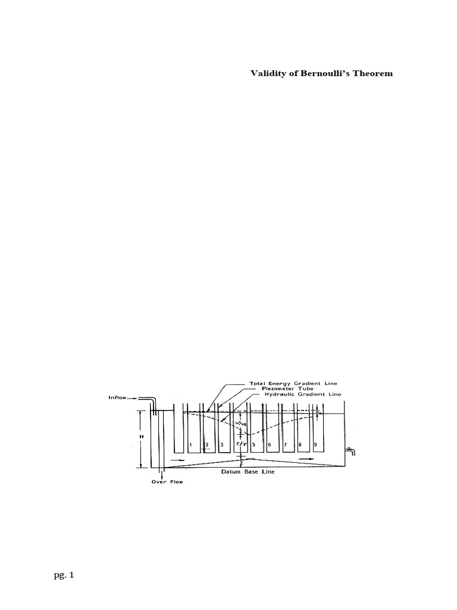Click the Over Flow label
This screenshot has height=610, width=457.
tap(167, 482)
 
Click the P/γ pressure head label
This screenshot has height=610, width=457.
tap(238, 444)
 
